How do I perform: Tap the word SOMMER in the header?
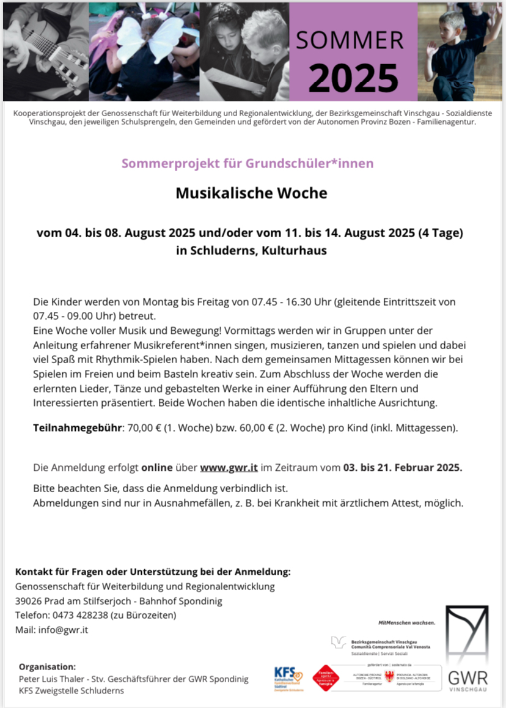coord(350,40)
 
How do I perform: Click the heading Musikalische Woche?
coord(252,193)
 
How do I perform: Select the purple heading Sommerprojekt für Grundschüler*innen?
coord(248,163)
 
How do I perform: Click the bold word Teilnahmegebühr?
coord(78,427)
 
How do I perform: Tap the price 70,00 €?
coord(147,427)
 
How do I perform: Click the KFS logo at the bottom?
coord(288,678)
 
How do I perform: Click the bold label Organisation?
coord(48,666)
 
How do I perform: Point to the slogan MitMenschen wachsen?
coord(406,622)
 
